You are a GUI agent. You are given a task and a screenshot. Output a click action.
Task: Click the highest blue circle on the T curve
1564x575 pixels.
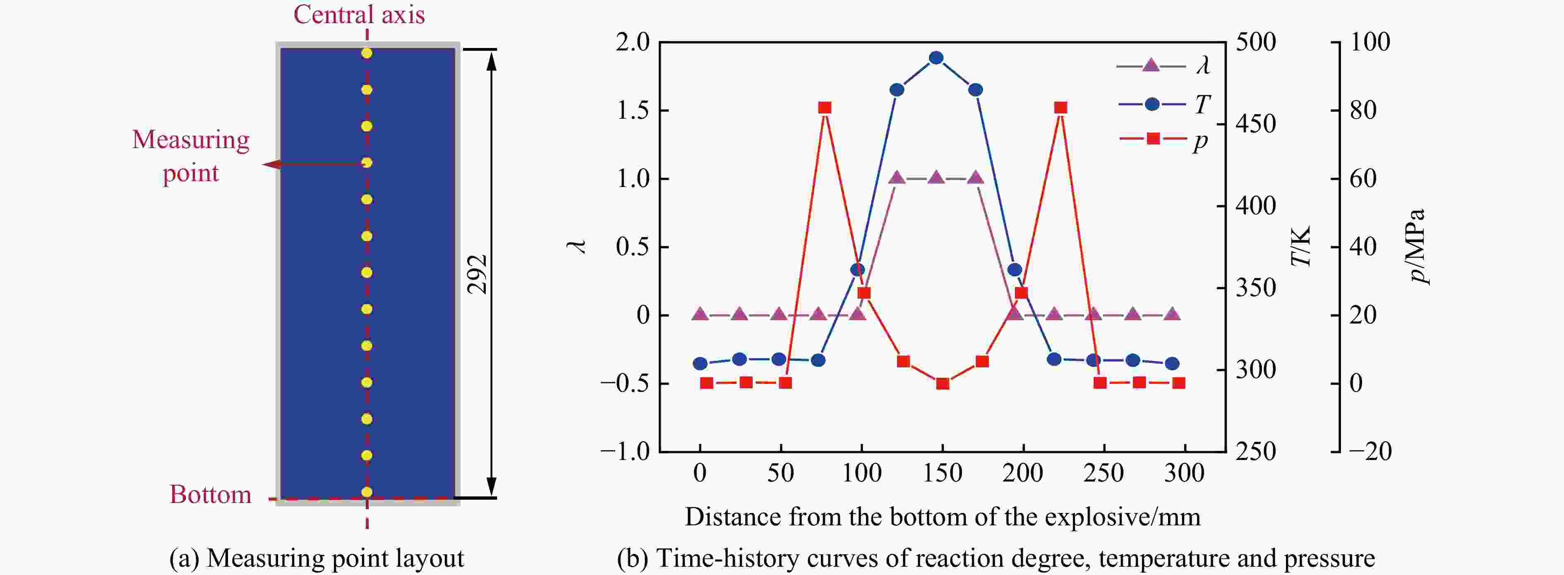[x=936, y=57]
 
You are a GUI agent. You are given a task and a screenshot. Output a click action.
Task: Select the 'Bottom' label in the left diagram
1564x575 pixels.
[x=210, y=495]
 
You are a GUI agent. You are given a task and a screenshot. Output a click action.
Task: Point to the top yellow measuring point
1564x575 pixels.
[x=367, y=53]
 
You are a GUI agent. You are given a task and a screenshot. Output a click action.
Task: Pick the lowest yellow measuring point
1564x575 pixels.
[x=367, y=492]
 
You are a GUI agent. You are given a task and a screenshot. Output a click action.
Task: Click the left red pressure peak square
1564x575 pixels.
[x=825, y=108]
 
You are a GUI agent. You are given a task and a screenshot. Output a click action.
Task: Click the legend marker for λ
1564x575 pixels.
[x=1151, y=65]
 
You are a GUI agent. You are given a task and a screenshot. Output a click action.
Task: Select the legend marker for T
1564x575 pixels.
[x=1152, y=104]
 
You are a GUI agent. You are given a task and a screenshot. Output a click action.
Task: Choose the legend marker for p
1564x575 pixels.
[x=1152, y=139]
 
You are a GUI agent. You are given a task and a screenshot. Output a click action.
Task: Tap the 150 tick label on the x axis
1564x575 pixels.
[x=942, y=473]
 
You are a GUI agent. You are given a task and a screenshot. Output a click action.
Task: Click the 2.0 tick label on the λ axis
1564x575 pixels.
[x=633, y=43]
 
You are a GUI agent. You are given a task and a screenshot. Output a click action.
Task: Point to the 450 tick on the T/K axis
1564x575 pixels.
[x=1256, y=124]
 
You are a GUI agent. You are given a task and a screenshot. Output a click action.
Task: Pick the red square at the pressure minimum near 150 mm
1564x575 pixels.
[x=942, y=384]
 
